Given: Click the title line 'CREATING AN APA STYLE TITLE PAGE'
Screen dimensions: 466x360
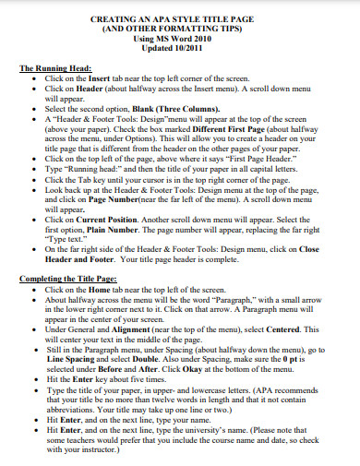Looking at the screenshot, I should tap(180, 18).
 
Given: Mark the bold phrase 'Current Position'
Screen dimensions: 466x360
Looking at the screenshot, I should tap(108, 219).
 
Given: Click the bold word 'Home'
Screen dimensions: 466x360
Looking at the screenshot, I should tap(99, 289).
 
